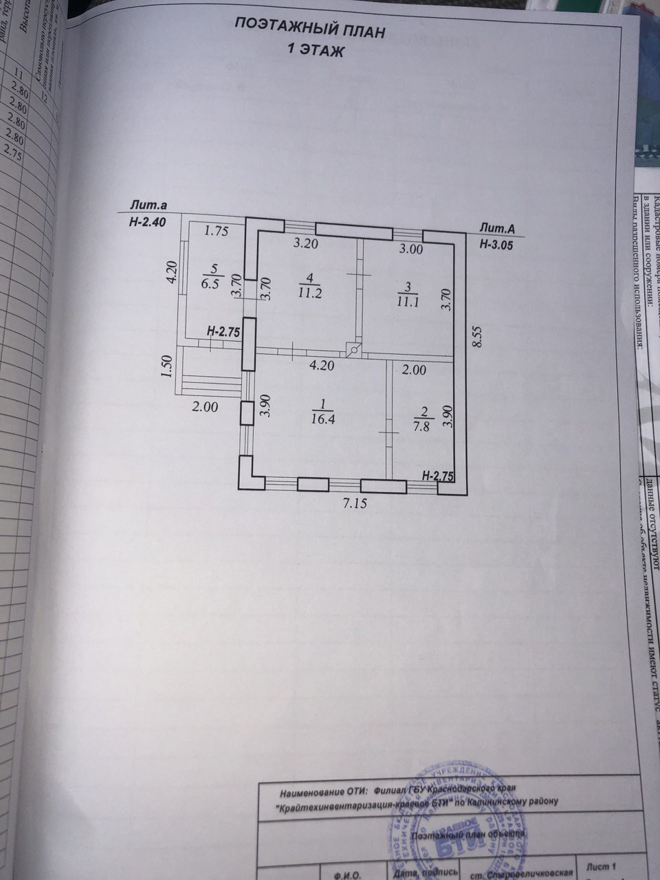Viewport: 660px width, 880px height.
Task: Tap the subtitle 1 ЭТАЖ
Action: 314,51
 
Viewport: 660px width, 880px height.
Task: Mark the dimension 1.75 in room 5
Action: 216,231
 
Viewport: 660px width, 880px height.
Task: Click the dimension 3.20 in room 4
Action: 307,243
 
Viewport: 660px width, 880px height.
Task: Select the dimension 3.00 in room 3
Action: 411,250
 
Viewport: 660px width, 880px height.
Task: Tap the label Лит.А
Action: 498,228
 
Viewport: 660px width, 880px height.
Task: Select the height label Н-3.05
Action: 496,243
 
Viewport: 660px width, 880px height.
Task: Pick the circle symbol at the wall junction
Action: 354,350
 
